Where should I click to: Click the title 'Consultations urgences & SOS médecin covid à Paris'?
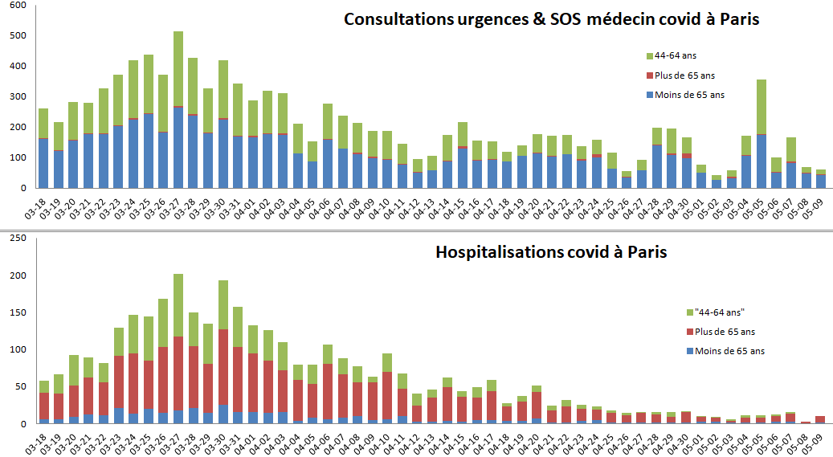pos(551,19)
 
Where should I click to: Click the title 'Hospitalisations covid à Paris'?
pos(551,251)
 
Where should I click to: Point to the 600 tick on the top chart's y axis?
pos(18,6)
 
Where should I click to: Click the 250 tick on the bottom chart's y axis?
pos(18,238)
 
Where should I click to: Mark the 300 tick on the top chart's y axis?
pos(18,97)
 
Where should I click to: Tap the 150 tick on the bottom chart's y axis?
pos(18,312)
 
